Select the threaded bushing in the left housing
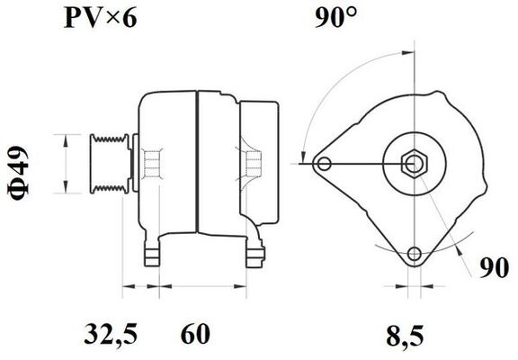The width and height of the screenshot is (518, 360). click(x=152, y=162)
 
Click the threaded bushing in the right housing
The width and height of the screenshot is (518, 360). click(x=249, y=162)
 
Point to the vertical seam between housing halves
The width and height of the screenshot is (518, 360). click(x=196, y=162)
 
